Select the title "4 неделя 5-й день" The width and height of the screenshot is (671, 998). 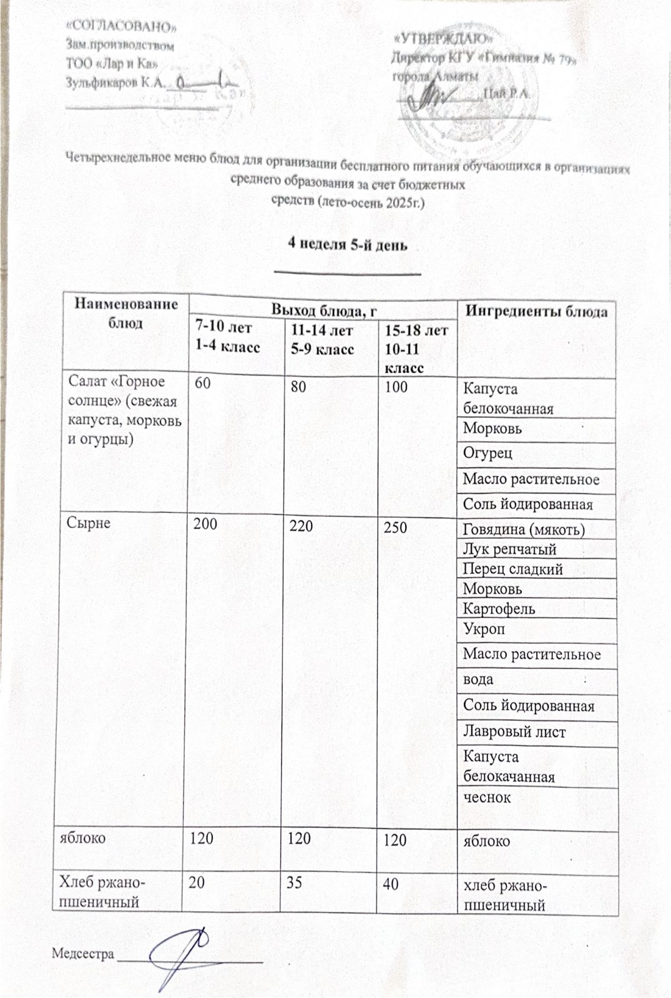tap(347, 245)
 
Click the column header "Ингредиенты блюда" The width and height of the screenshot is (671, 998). tap(537, 311)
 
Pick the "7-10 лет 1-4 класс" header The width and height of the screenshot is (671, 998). tap(227, 337)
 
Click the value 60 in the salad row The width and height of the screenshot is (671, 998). tap(202, 385)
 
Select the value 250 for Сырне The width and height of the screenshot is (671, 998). tap(395, 527)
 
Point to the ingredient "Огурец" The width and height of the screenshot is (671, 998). tap(487, 453)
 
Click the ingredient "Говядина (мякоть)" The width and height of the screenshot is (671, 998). tap(524, 530)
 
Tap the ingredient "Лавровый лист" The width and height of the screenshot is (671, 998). tap(514, 731)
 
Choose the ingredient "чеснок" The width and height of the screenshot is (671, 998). tap(487, 797)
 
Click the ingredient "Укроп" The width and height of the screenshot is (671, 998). tap(484, 629)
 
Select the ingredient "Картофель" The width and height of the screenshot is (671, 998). tap(499, 608)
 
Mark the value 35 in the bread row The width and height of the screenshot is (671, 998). tap(299, 883)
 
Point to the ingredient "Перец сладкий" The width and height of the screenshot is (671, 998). tap(512, 569)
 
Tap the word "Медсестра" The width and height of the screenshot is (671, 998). tap(83, 954)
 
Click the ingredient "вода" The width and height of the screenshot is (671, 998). tap(478, 679)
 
